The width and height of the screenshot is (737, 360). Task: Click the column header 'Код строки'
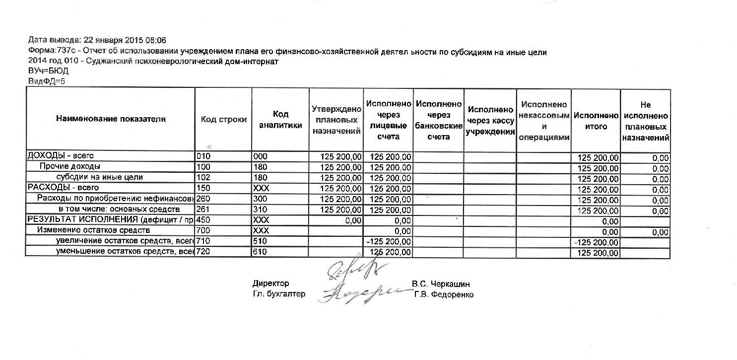[x=224, y=120]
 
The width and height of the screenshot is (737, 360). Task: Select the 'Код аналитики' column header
[x=280, y=120]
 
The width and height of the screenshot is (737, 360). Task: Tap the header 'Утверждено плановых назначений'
[x=336, y=120]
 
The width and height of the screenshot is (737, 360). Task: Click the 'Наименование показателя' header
[x=110, y=119]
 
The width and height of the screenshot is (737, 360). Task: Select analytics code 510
[x=260, y=242]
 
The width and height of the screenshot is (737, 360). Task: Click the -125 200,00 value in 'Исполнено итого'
[x=596, y=242]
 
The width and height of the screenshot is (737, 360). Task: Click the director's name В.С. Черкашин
[x=441, y=285]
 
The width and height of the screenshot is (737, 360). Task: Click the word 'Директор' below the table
[x=270, y=284]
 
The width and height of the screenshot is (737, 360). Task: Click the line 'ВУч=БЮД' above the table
[x=45, y=72]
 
